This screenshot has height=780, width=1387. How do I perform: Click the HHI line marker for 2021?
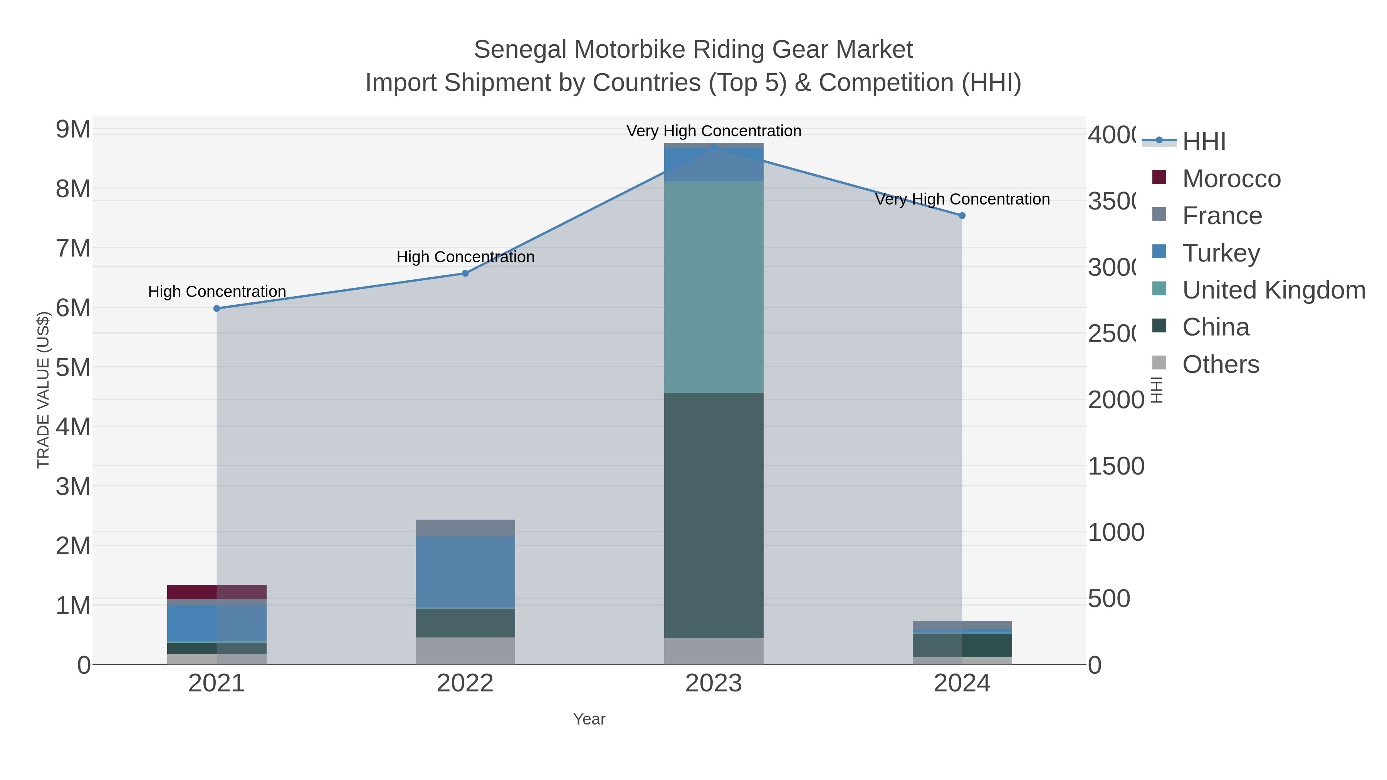coord(217,309)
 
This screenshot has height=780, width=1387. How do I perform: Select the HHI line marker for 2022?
coord(465,273)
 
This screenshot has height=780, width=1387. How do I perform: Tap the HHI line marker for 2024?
coord(962,215)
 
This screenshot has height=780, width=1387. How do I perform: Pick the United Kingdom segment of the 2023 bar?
coord(714,287)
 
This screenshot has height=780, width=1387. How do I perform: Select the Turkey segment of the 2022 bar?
coord(465,572)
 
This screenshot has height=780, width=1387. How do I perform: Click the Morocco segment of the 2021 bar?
coord(217,592)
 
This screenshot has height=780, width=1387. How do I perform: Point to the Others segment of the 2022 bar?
coord(465,651)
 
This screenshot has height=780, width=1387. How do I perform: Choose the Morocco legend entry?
coord(1231,179)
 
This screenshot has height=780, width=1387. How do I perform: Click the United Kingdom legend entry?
coord(1273,290)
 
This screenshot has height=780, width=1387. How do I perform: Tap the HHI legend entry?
coord(1204,142)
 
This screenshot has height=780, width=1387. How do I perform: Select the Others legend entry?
coord(1220,364)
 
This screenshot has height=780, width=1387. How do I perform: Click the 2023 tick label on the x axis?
coord(714,684)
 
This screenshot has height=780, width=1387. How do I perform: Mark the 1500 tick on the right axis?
coord(1116,466)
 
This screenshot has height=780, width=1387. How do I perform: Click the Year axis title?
coord(589,719)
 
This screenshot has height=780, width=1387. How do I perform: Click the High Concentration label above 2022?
coord(465,257)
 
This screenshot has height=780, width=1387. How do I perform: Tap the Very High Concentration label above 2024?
coord(962,199)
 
